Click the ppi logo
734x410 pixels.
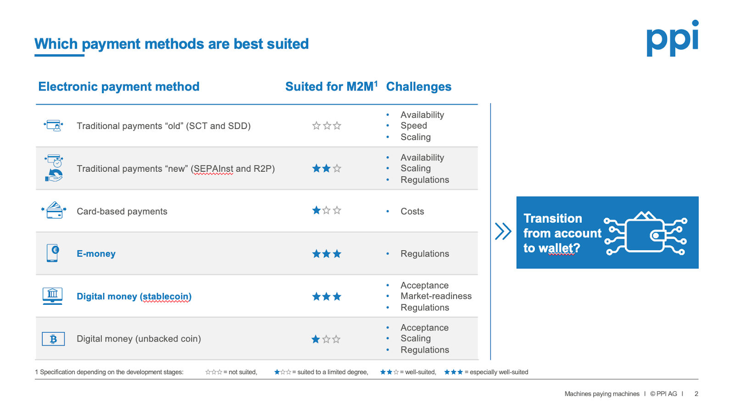click(673, 38)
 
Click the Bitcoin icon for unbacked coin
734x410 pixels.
click(53, 339)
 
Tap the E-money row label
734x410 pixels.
click(96, 253)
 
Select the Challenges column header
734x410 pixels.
click(418, 87)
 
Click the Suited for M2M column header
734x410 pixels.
click(331, 87)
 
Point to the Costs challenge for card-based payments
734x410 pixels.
click(412, 211)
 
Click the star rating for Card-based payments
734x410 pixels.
click(327, 210)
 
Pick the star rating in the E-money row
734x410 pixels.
click(327, 253)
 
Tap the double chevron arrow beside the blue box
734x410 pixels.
click(503, 231)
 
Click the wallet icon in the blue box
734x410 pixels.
click(645, 233)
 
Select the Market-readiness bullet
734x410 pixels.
click(436, 296)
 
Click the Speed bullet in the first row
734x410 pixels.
click(413, 126)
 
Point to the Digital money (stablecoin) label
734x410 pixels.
click(134, 296)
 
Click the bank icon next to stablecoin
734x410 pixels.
click(52, 296)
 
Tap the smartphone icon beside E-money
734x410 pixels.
click(52, 253)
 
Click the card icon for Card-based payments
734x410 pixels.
click(54, 210)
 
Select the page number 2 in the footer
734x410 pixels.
click(696, 393)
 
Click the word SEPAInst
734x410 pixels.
click(213, 168)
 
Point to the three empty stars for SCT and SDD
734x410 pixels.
click(327, 126)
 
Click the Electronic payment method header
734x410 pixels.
click(119, 87)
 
